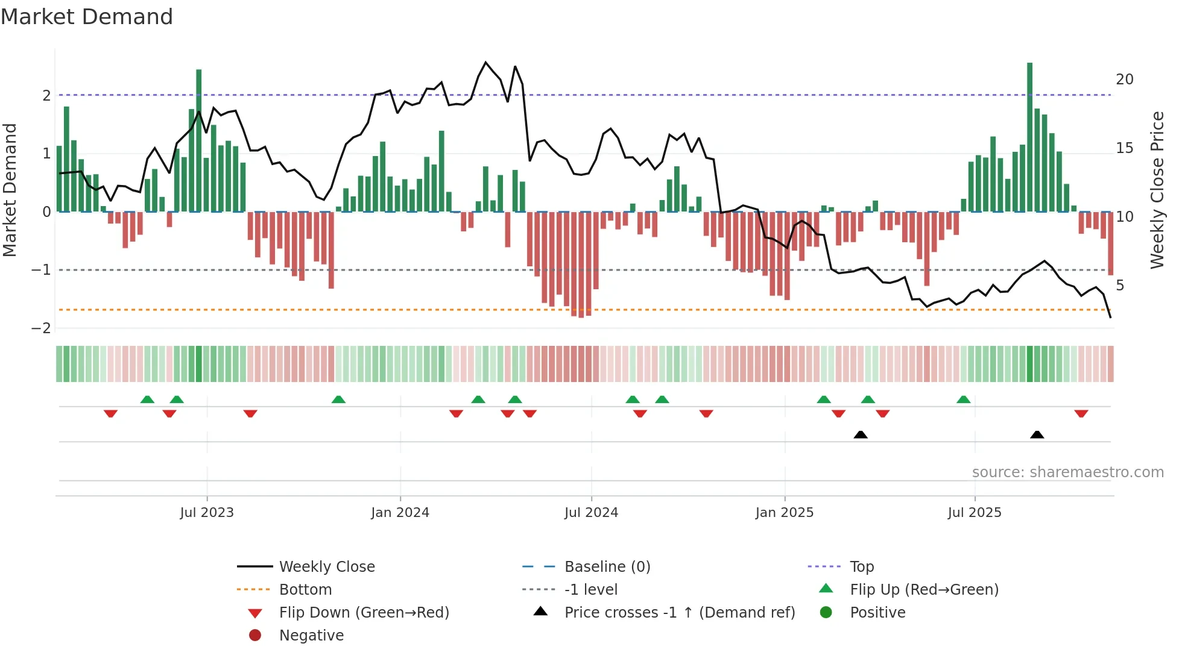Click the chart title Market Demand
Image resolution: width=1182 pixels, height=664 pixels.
pos(87,17)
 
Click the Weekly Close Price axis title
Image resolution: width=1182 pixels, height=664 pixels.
pos(1157,190)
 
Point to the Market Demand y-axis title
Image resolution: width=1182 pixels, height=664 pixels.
pos(10,190)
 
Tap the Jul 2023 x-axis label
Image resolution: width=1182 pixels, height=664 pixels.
pos(207,513)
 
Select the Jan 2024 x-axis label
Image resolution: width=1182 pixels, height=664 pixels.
pos(400,513)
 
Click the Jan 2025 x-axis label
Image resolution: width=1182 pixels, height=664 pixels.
pos(784,513)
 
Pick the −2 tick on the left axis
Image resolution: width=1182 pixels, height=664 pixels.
pos(41,328)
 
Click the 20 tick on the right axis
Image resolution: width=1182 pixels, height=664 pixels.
pos(1124,80)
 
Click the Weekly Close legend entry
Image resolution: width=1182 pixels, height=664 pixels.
pos(326,567)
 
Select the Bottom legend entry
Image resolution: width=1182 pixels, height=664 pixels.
pos(305,590)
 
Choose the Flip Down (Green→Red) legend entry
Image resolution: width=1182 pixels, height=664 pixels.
pos(364,613)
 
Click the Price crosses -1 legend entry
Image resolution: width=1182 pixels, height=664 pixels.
pos(679,613)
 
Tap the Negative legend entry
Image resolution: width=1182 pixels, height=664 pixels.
pos(311,636)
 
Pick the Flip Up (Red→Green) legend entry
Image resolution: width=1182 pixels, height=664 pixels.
pos(924,590)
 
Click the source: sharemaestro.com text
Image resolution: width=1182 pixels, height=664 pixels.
pos(1067,472)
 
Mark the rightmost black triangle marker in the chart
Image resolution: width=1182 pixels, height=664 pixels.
pos(1037,434)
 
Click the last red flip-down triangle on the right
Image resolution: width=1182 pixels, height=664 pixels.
pos(1081,414)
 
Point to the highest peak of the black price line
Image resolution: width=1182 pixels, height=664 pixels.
pos(485,62)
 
